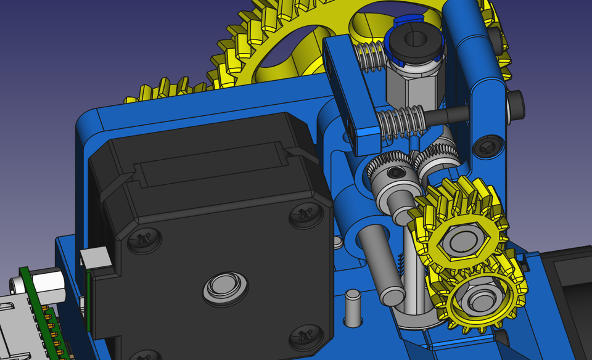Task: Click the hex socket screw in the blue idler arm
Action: (x=487, y=146)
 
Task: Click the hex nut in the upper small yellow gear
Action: (x=461, y=240)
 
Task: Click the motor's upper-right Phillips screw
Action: (x=306, y=215)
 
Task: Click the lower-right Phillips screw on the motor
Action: (x=305, y=335)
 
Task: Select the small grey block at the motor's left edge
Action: (x=96, y=259)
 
